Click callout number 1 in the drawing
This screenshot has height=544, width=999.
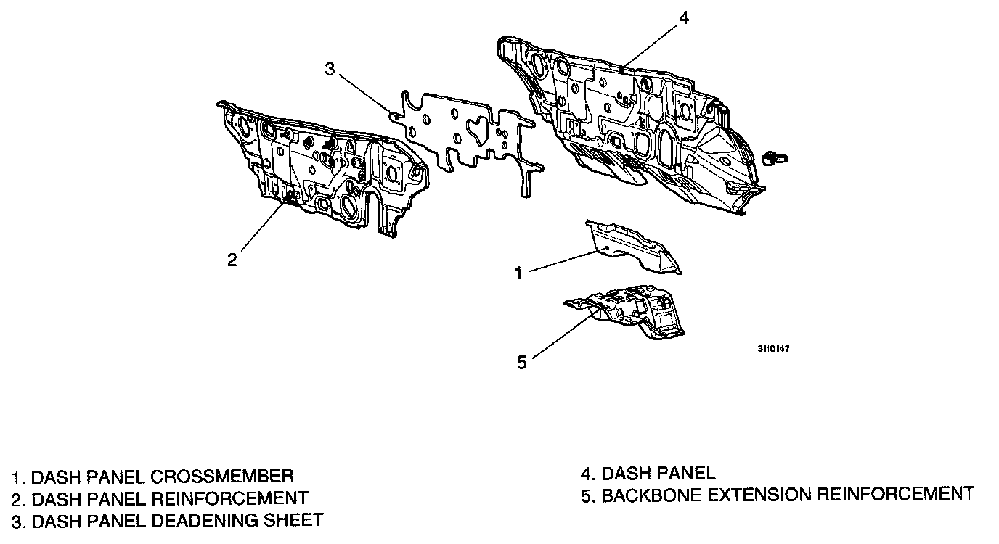(519, 273)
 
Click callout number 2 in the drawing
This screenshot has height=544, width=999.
(232, 260)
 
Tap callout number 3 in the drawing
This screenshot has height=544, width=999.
(330, 70)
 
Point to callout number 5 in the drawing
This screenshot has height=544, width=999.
(522, 362)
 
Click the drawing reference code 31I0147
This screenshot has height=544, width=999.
(773, 349)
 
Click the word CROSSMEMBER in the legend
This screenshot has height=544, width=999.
(222, 477)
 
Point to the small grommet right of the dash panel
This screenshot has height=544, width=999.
(775, 157)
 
